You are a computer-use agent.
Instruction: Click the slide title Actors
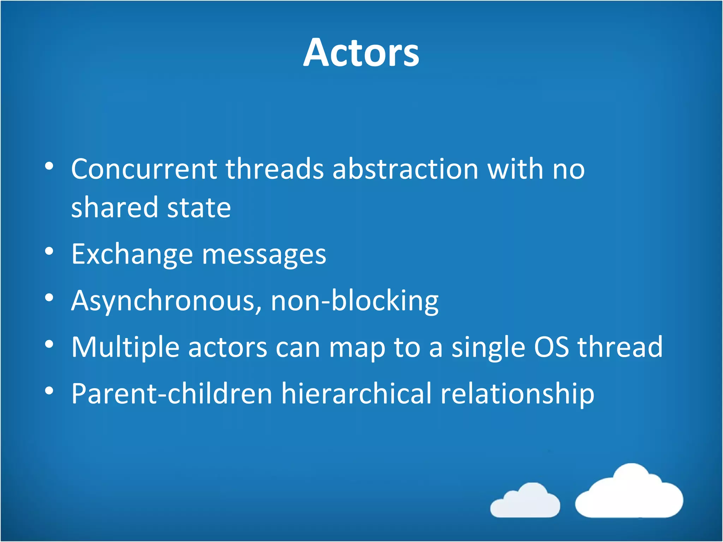pyautogui.click(x=361, y=53)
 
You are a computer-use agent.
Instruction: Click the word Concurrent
pyautogui.click(x=144, y=169)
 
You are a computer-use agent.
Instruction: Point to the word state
pyautogui.click(x=199, y=208)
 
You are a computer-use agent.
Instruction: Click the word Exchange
pyautogui.click(x=132, y=255)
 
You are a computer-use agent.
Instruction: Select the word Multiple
pyautogui.click(x=125, y=348)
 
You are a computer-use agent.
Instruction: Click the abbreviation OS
pyautogui.click(x=551, y=347)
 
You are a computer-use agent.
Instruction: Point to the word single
pyautogui.click(x=488, y=348)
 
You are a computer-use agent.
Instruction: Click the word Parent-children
pyautogui.click(x=172, y=394)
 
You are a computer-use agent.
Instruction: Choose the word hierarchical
pyautogui.click(x=356, y=394)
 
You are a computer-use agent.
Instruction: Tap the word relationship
pyautogui.click(x=517, y=395)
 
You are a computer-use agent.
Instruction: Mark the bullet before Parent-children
pyautogui.click(x=49, y=391)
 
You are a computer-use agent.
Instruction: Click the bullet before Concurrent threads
pyautogui.click(x=49, y=166)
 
